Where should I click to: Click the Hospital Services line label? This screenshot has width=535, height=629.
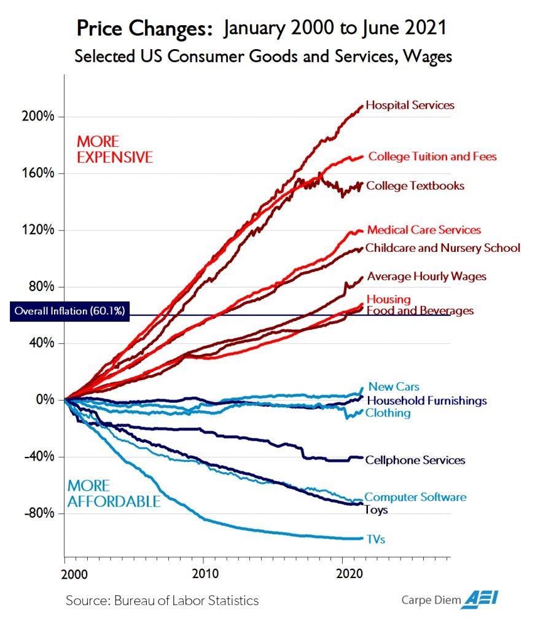click(410, 105)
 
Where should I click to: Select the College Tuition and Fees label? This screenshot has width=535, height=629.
click(432, 157)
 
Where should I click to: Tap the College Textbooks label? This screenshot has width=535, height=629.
click(415, 186)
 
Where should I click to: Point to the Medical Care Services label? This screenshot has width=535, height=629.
click(424, 230)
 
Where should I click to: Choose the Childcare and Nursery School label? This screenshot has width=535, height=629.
click(442, 248)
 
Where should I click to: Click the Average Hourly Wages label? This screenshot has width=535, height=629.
click(426, 276)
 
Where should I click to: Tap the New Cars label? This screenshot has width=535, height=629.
click(393, 387)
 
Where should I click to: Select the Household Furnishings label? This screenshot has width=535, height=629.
click(426, 400)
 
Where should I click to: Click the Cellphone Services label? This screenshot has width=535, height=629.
click(415, 460)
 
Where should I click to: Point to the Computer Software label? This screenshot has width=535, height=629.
click(415, 497)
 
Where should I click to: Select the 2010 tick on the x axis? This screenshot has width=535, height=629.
click(205, 573)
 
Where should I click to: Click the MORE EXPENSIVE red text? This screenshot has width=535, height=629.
click(114, 150)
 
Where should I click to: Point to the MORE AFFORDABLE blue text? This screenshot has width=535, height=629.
click(114, 494)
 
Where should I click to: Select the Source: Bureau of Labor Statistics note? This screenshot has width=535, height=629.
click(162, 600)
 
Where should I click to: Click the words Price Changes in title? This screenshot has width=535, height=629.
click(147, 28)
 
